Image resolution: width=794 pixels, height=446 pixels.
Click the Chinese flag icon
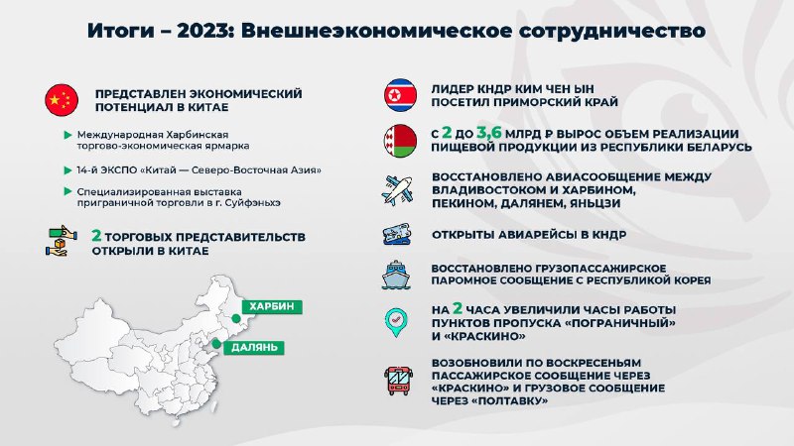(62, 100)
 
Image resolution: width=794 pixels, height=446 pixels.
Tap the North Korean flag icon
(401, 94)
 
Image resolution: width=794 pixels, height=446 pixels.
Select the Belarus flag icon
(401, 141)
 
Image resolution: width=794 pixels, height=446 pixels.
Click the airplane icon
(398, 190)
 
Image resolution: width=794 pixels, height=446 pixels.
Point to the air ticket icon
(397, 235)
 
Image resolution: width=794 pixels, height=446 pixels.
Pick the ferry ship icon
(396, 275)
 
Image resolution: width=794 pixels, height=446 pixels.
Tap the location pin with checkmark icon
(396, 321)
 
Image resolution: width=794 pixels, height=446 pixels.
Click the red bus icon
(399, 381)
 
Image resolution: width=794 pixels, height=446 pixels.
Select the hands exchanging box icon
(62, 241)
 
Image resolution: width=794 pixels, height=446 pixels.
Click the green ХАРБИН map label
(272, 306)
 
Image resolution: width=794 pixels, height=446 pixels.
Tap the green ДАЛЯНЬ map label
(254, 348)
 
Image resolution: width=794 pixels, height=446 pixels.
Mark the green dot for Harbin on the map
(236, 318)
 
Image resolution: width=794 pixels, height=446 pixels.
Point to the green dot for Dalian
(216, 344)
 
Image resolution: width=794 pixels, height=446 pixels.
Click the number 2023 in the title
(202, 31)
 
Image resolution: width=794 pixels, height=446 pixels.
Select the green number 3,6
(489, 133)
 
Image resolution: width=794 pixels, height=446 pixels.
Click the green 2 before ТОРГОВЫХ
(96, 236)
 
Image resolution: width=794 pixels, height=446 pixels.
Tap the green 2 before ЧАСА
(458, 308)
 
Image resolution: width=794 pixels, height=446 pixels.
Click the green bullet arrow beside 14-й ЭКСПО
(67, 170)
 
